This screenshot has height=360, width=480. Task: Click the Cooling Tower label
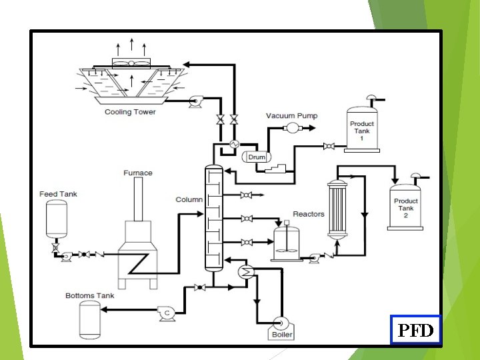[x=130, y=112]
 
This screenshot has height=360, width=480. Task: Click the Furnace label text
[x=138, y=173]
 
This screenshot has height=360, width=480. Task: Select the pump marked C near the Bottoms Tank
[x=166, y=313]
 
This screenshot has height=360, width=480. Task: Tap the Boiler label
[x=282, y=335]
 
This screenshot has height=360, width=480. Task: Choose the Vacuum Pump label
[x=292, y=116]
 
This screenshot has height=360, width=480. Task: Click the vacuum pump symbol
[x=291, y=127]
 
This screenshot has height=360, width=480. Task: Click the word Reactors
[x=309, y=214]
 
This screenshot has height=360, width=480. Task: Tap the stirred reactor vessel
[x=288, y=244]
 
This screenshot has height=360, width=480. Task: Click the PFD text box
[x=415, y=329]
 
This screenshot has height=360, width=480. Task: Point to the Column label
[x=189, y=200]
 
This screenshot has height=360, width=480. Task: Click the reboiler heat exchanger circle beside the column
[x=245, y=271]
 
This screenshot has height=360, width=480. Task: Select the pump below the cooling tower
[x=195, y=101]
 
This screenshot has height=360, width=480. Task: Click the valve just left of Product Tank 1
[x=328, y=147]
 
